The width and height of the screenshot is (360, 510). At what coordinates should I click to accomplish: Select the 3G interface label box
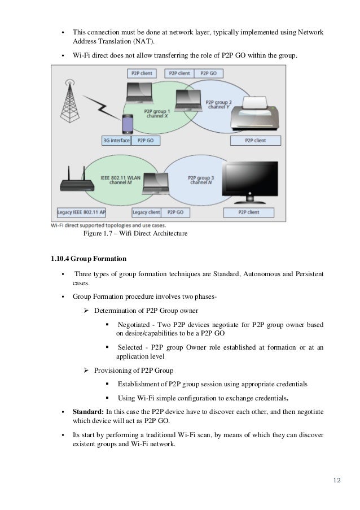click(x=116, y=140)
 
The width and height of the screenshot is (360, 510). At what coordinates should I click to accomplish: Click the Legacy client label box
click(x=146, y=212)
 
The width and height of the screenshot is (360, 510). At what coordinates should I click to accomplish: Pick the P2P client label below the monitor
click(x=249, y=212)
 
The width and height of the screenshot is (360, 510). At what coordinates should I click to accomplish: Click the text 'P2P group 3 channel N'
click(x=200, y=180)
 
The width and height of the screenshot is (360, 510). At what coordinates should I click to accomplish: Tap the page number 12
click(x=337, y=480)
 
